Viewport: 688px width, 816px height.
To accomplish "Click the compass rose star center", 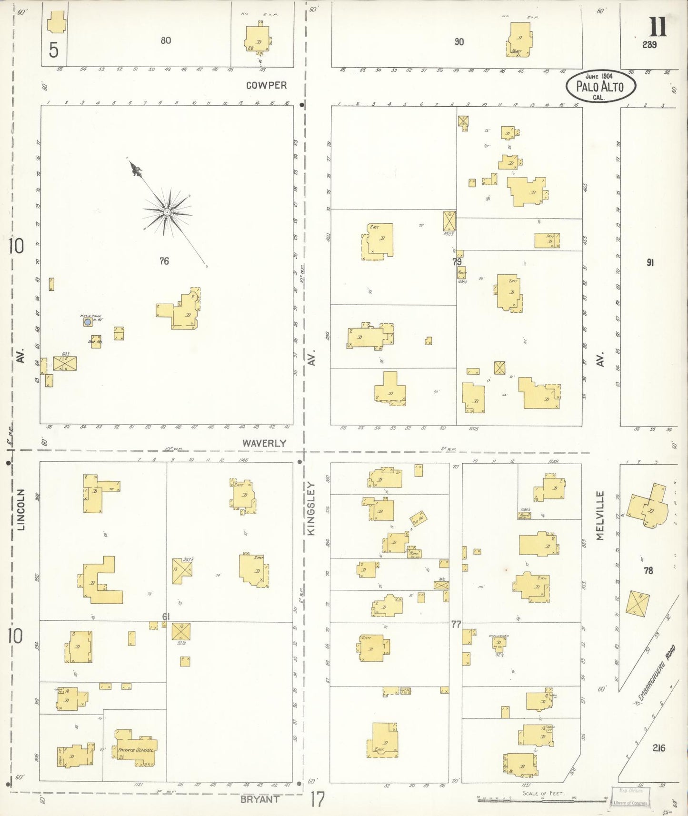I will [x=167, y=212].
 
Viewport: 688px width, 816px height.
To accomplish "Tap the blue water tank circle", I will [x=88, y=322].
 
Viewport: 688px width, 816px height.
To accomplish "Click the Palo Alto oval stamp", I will [x=601, y=86].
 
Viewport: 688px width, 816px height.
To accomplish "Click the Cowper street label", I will [x=266, y=85].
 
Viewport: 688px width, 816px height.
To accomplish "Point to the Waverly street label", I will [x=264, y=443].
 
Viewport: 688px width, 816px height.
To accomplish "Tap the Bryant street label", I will [x=259, y=799].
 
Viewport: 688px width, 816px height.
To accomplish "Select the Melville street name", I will [x=599, y=516].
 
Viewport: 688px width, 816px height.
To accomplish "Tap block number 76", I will [x=164, y=261].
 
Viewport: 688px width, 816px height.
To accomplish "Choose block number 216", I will [x=658, y=748].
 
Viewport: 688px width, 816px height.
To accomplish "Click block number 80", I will [x=166, y=40].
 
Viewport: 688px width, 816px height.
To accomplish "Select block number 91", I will [x=650, y=262].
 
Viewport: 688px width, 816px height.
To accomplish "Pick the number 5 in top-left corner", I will [x=53, y=50].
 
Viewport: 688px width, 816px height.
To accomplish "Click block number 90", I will [x=459, y=42].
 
